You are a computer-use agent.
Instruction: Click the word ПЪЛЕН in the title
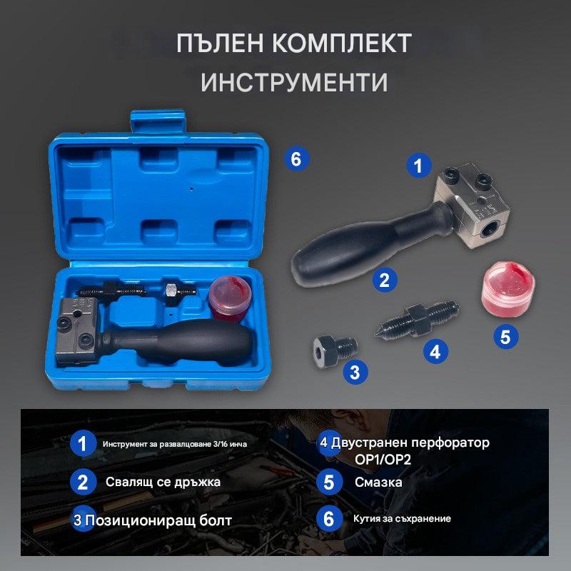click(220, 44)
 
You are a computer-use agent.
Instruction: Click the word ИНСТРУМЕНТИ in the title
click(294, 82)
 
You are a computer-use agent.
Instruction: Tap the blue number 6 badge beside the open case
click(296, 158)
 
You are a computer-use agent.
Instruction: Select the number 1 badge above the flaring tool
click(419, 166)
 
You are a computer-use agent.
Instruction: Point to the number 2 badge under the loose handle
click(385, 280)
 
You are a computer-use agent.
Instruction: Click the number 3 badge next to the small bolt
click(355, 372)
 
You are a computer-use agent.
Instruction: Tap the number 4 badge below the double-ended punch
click(435, 351)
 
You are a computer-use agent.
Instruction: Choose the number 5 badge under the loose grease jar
click(506, 336)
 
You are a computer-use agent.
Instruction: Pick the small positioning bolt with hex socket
click(334, 350)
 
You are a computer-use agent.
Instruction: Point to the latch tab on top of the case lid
click(158, 122)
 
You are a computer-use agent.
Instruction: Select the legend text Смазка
click(378, 482)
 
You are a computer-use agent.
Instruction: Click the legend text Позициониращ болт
click(158, 520)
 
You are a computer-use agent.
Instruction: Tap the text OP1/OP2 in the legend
click(383, 460)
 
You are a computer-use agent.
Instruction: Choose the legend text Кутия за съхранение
click(402, 519)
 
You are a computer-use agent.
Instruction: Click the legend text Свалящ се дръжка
click(163, 482)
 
